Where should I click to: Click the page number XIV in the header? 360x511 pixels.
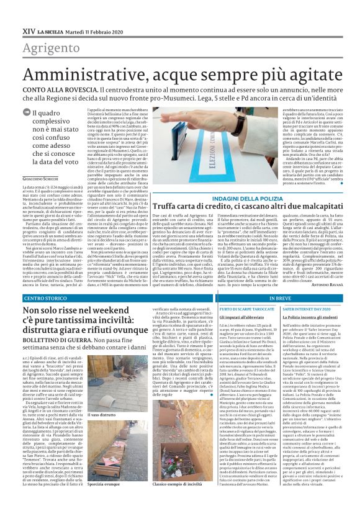[x=28, y=31]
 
